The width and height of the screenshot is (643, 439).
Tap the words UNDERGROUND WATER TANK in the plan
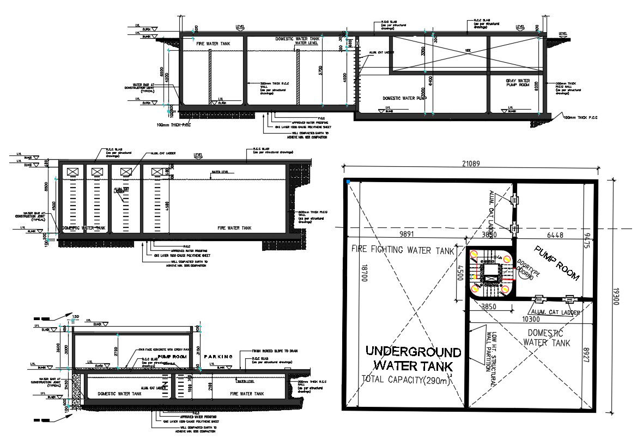(x=413, y=358)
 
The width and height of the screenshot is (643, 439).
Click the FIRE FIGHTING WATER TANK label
(x=403, y=250)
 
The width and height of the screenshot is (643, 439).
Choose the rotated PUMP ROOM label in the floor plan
(x=556, y=263)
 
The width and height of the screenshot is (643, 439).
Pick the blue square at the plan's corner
(x=347, y=181)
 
